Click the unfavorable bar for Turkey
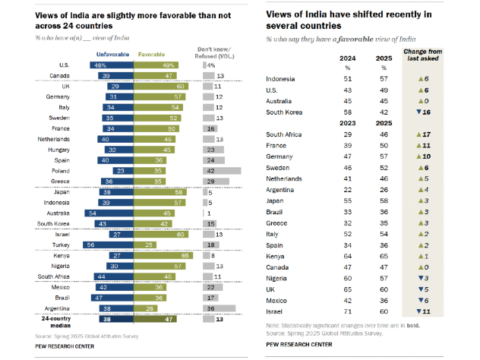coord(112,245)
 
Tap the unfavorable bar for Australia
coord(114,213)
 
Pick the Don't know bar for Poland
coord(221,172)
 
